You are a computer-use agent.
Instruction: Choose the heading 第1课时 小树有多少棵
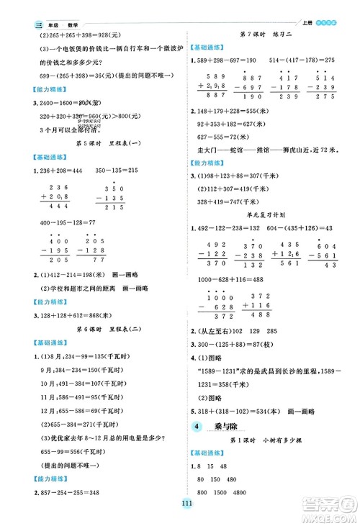[271, 440]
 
